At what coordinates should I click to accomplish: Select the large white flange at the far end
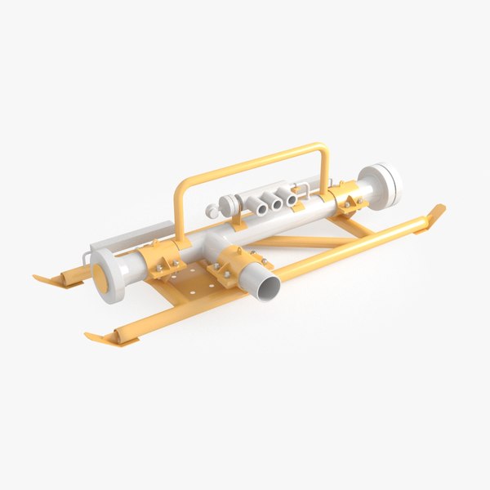383,184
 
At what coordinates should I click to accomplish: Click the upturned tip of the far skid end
434,215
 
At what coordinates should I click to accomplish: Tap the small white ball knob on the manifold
213,211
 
